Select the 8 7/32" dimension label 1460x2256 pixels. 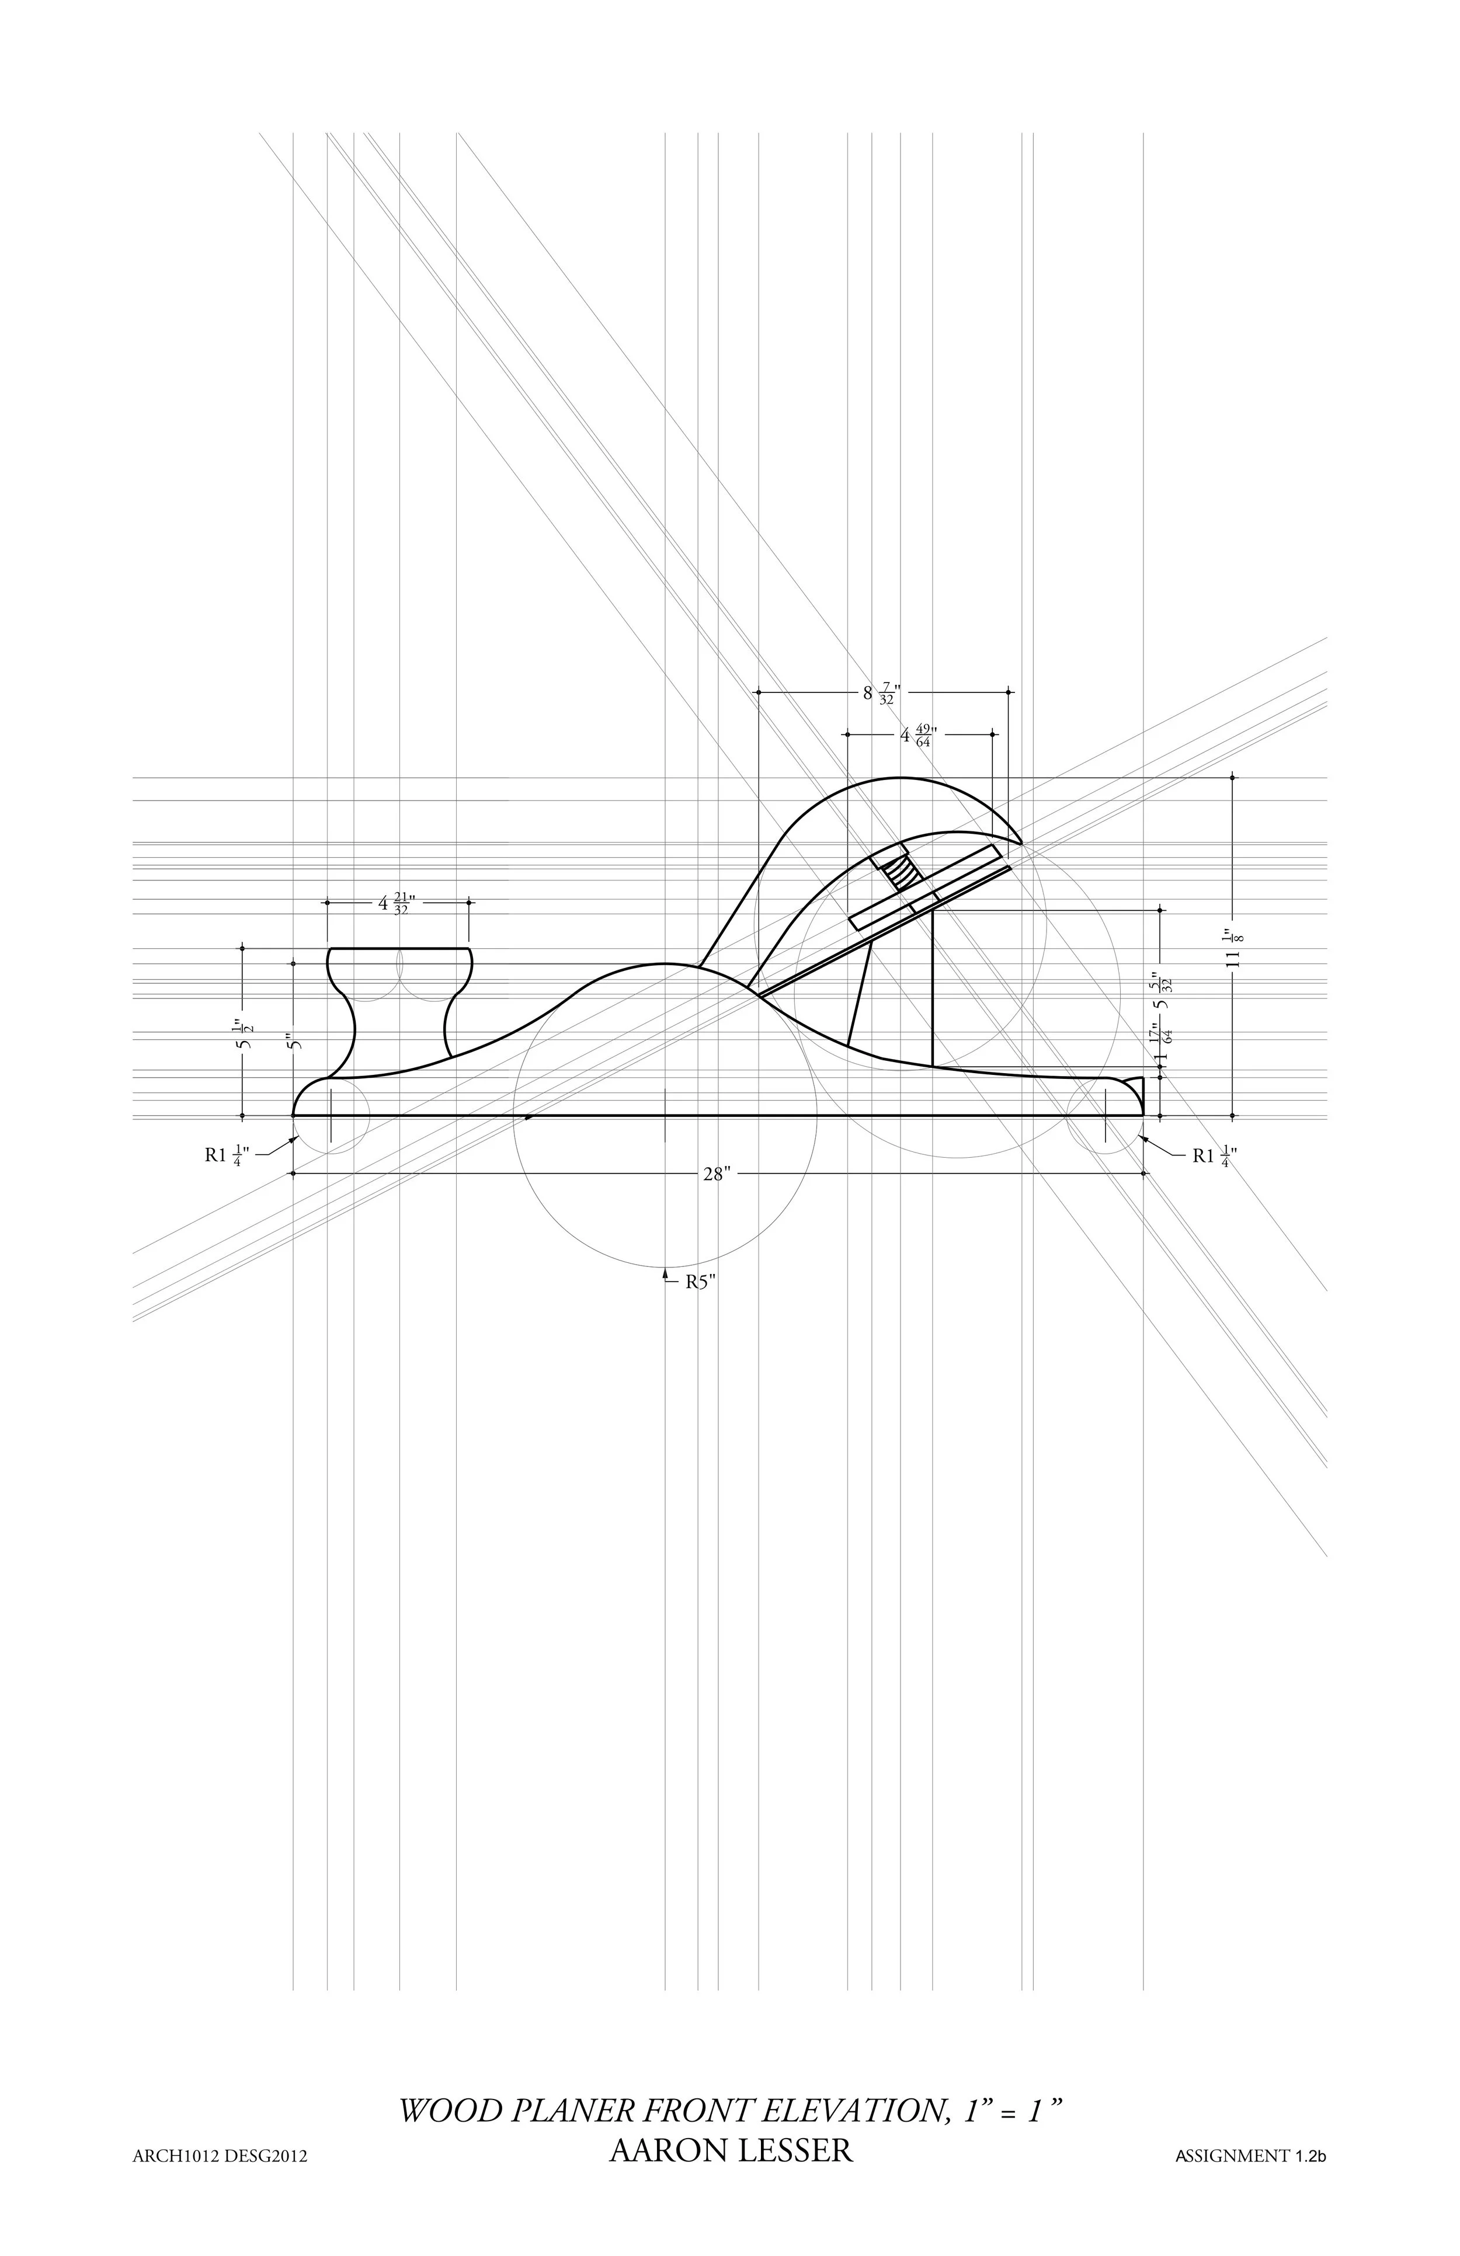point(880,693)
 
